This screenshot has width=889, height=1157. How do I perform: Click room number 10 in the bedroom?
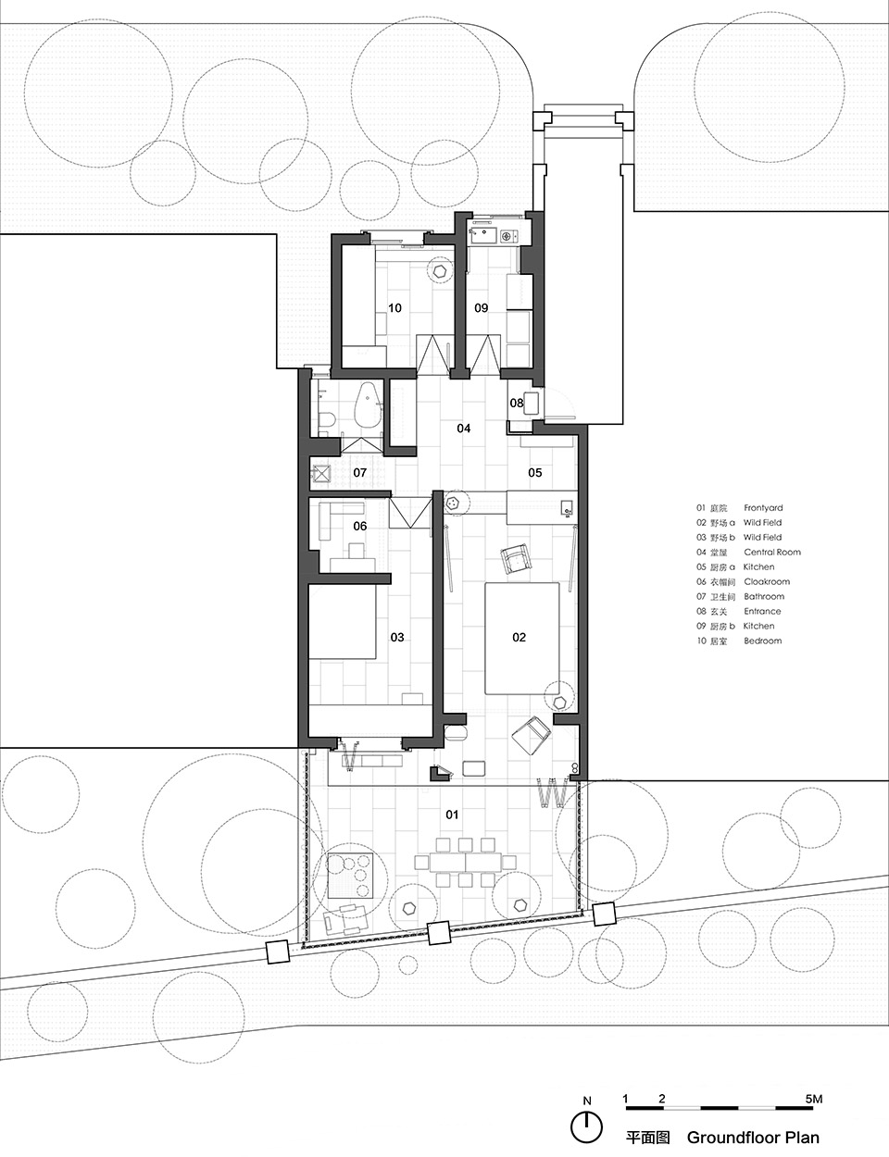pos(394,308)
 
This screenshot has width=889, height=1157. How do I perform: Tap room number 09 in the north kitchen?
pos(481,308)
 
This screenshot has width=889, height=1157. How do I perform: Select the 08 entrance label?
pos(517,404)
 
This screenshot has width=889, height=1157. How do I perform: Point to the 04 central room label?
pos(463,429)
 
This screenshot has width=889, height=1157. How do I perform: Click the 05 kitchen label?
pos(534,474)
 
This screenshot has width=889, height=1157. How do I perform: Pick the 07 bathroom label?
pos(359,473)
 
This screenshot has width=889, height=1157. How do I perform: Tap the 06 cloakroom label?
pos(359,527)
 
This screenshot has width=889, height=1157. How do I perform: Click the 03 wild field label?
pos(396,638)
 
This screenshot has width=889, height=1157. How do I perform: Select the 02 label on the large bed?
pos(519,638)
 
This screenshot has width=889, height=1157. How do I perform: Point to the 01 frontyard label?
pos(452,815)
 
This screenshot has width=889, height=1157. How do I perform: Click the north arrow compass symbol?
pos(585,1126)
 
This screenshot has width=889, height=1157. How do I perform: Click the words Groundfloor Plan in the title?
pos(752,1138)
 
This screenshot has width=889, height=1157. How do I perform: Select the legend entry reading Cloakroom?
pos(765,582)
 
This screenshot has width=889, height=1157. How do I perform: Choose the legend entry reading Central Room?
pos(771,553)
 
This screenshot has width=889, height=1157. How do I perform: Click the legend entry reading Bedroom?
pos(762,641)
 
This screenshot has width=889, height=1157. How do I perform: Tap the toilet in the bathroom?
pos(326,421)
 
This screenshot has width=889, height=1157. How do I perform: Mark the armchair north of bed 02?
pos(514,558)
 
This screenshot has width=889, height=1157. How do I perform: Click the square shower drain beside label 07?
pos(321,473)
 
